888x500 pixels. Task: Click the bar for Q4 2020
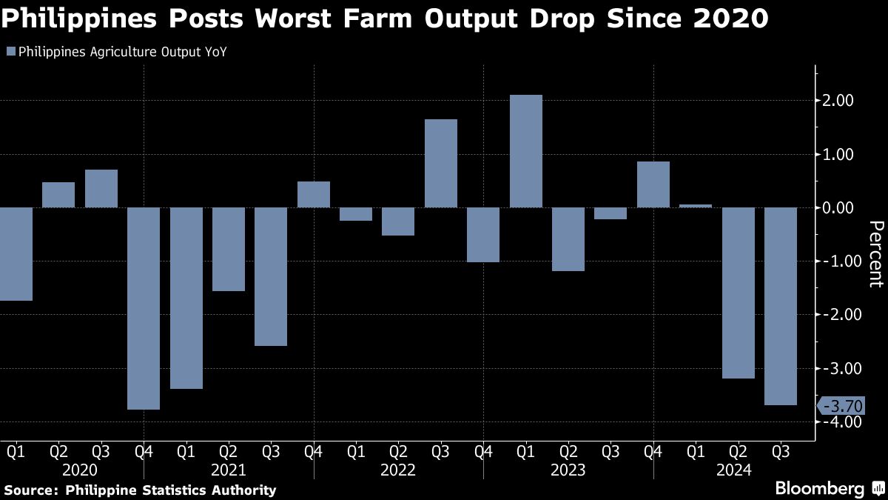(x=144, y=308)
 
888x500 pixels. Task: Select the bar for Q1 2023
(x=526, y=151)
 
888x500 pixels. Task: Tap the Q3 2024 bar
(x=781, y=306)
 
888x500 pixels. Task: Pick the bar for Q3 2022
(x=441, y=163)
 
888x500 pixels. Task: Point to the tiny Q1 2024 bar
(x=696, y=206)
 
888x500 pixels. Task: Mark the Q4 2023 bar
(x=653, y=184)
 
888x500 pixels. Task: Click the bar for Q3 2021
(x=271, y=276)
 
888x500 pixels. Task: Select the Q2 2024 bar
(x=739, y=293)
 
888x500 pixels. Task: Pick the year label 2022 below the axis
(x=398, y=470)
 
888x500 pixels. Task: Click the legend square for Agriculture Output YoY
(x=10, y=52)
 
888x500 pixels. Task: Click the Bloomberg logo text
(x=820, y=488)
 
